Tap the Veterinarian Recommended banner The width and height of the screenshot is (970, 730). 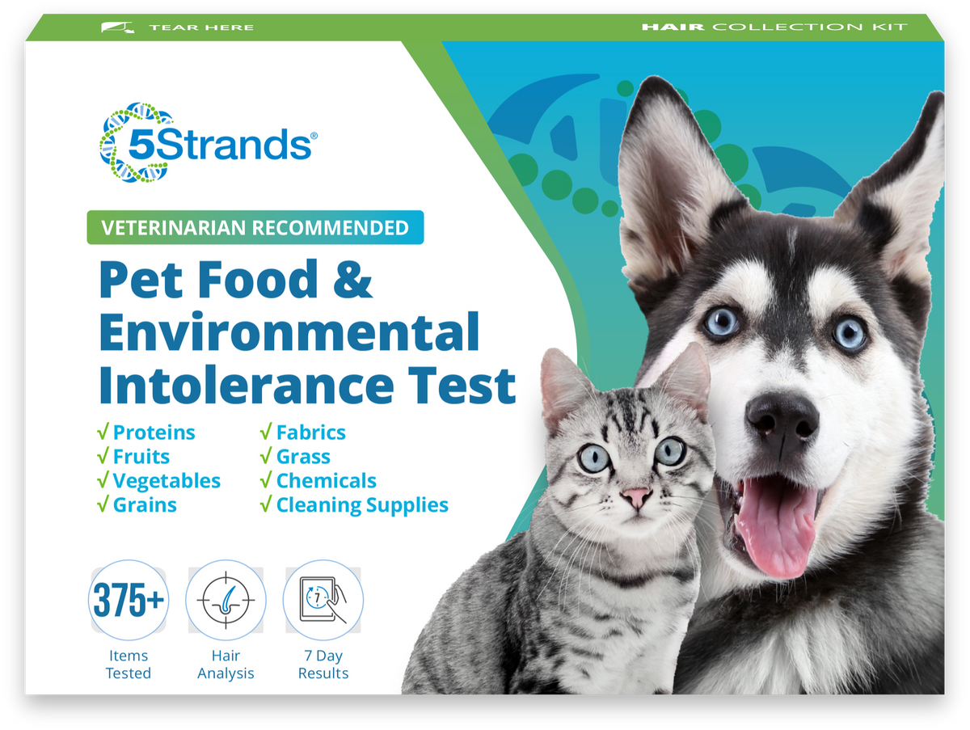point(255,227)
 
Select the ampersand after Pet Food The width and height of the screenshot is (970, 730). point(352,280)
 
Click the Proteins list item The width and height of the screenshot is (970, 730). point(154,433)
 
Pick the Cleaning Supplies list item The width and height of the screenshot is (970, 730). point(361,505)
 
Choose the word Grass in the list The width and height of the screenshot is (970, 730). point(303,457)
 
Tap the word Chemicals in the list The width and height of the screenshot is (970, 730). point(326,481)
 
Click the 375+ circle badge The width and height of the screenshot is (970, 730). point(129,601)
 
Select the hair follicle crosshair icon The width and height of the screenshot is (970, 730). point(226,601)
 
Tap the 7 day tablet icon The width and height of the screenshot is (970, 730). point(323,601)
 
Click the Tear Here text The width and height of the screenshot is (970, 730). point(200,27)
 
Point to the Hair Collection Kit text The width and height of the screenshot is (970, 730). point(774,27)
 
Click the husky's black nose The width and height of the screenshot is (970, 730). point(781,416)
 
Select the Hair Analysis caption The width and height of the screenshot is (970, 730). point(226,664)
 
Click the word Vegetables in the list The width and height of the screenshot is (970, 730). point(167,481)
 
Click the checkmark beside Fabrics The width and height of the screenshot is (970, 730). point(265,433)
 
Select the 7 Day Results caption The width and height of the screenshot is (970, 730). point(323,664)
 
